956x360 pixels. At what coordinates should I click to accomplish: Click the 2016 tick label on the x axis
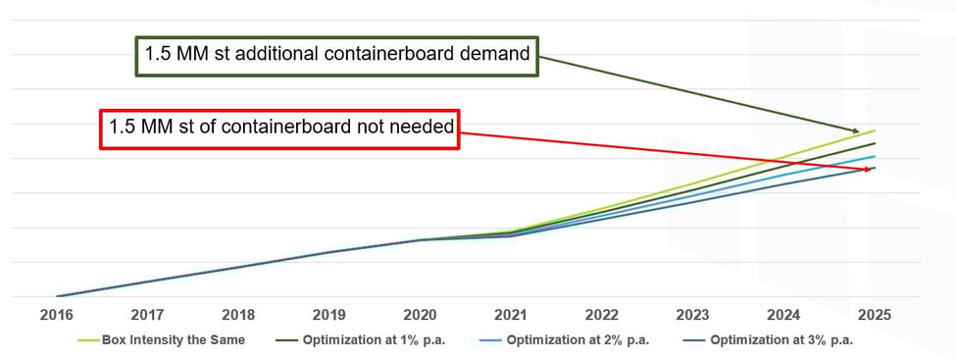56,316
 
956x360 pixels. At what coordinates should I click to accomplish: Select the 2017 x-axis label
147,316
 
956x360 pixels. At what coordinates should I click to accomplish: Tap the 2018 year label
238,316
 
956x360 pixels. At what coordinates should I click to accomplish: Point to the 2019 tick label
329,316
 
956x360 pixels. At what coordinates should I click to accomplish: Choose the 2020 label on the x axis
420,316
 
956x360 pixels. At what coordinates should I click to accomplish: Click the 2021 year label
511,316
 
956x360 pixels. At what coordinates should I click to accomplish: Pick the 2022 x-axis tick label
602,316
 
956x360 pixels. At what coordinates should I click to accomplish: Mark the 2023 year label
692,316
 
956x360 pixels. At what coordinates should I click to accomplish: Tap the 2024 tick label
783,316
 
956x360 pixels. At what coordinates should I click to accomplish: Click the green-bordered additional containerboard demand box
337,56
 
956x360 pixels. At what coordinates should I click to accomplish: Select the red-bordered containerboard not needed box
279,129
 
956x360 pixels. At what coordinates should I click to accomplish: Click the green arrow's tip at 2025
862,131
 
